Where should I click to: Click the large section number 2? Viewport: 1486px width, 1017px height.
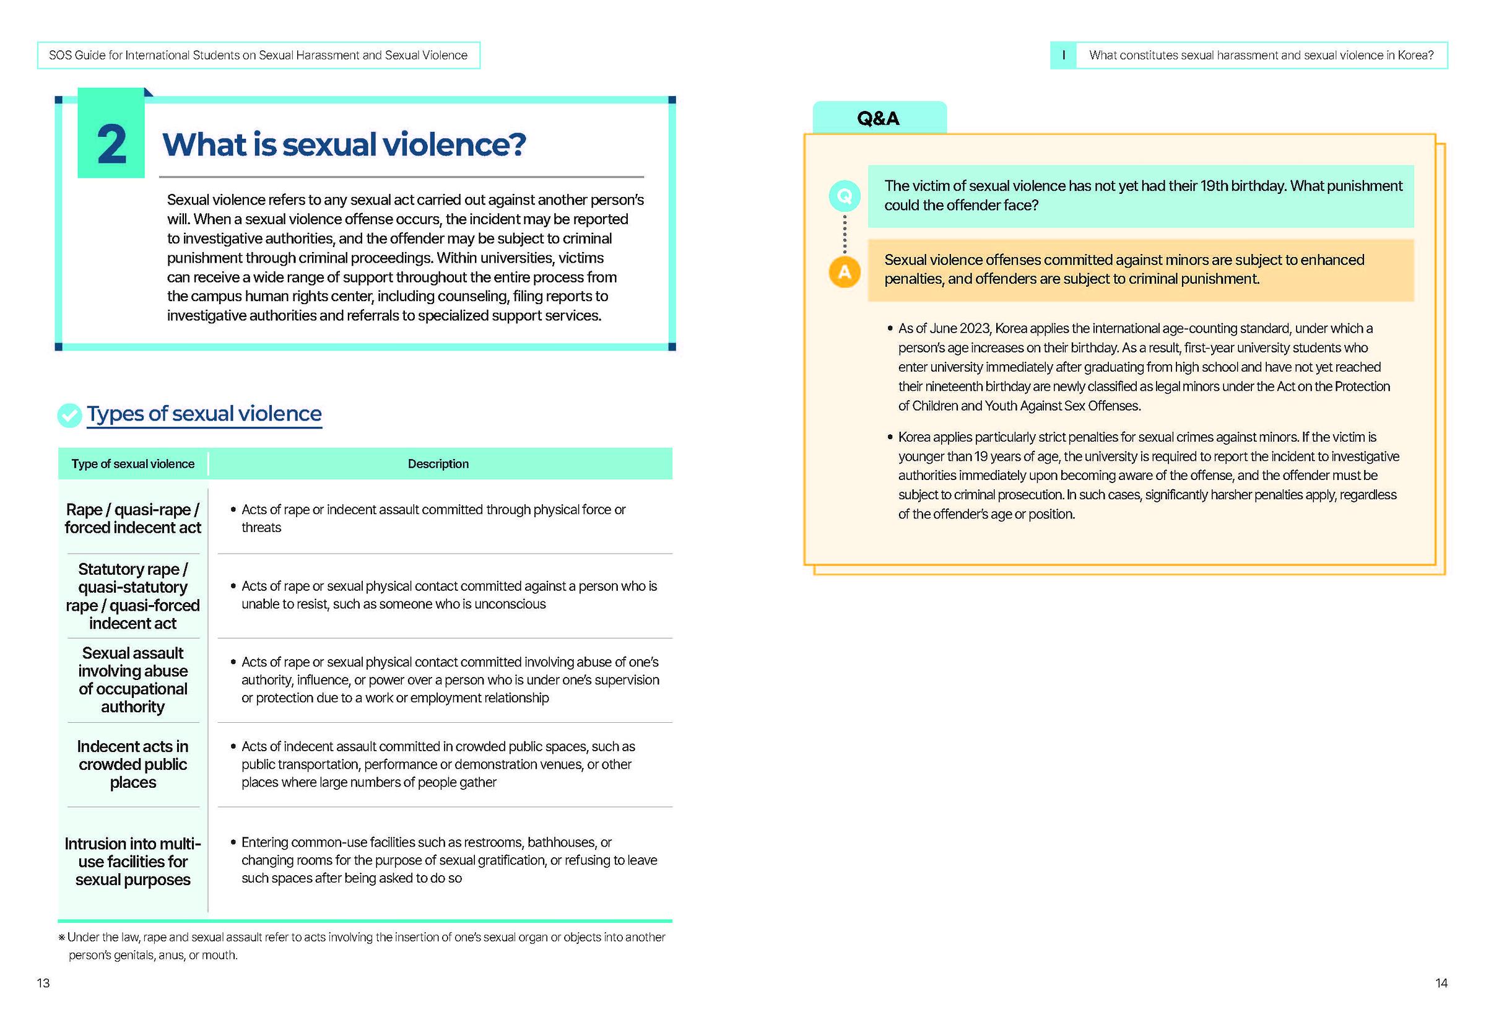[111, 144]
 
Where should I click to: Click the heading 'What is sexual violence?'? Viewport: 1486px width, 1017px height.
[344, 144]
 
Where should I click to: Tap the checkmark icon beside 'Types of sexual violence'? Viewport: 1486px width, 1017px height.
[69, 415]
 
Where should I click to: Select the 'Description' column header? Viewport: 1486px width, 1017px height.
[438, 464]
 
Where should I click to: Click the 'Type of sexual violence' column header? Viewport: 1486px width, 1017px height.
[133, 464]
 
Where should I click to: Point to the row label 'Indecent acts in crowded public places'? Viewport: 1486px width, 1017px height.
[133, 764]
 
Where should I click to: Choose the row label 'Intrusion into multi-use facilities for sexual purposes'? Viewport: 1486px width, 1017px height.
[133, 861]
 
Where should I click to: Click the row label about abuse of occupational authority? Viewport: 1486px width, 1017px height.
[133, 679]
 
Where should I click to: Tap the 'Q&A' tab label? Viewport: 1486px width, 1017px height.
[878, 118]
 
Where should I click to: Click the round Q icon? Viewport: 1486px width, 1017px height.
[844, 196]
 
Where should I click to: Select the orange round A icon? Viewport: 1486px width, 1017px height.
[844, 273]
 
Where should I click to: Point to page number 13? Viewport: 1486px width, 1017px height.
[43, 983]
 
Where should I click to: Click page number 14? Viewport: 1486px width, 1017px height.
[1441, 983]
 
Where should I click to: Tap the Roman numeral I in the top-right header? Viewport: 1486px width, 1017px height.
[1063, 56]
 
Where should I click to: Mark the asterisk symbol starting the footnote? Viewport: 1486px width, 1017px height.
[61, 938]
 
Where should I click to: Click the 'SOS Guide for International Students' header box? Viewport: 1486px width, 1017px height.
[258, 56]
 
